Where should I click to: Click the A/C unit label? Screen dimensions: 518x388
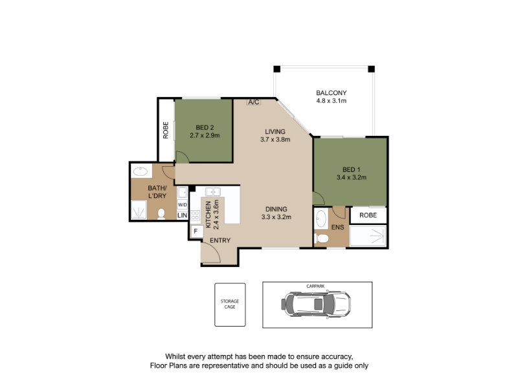254,102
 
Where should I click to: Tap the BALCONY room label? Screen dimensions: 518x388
332,92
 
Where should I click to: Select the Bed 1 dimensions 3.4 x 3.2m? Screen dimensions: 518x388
352,177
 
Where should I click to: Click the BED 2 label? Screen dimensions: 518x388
205,127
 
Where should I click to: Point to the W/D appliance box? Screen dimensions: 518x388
183,205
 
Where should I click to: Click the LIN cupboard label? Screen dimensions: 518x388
183,215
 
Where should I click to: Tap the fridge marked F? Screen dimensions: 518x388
196,232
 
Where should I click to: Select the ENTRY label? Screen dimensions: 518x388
220,240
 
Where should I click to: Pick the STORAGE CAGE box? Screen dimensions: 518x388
230,305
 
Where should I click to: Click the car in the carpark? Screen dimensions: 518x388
316,304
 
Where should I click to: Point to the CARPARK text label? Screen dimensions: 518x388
315,286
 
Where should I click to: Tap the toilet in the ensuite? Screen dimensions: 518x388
321,238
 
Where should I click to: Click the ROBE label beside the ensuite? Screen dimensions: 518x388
368,215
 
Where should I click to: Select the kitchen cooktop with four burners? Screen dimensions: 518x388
196,215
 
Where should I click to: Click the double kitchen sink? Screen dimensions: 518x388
213,191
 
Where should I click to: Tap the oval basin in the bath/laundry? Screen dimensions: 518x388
141,171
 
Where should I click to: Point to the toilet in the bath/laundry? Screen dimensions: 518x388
161,214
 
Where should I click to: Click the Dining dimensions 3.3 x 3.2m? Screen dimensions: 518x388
276,217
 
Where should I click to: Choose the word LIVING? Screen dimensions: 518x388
275,131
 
